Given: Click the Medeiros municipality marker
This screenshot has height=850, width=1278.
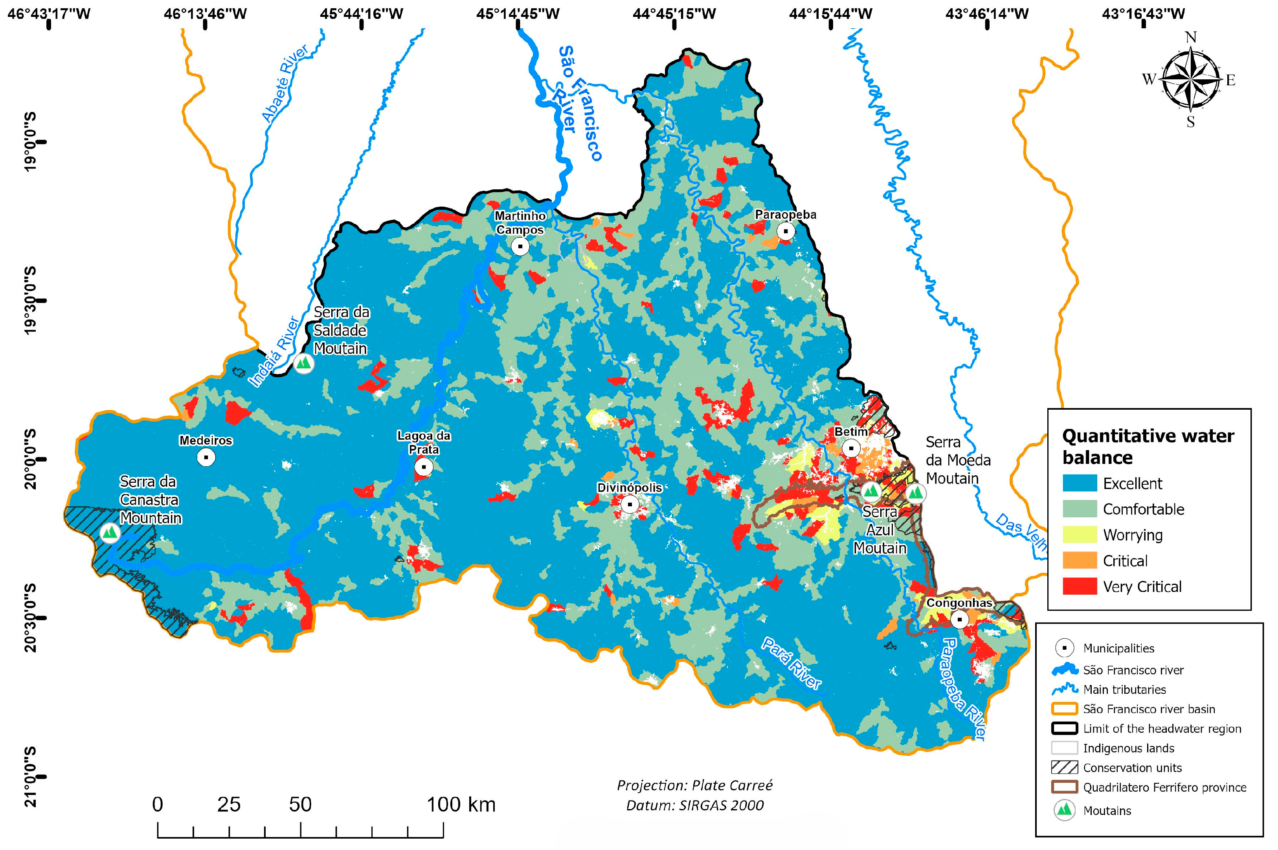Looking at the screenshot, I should [x=206, y=457].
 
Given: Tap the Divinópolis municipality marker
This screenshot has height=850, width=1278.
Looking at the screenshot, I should [x=630, y=504].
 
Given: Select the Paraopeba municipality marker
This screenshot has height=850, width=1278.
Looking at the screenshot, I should [x=786, y=231].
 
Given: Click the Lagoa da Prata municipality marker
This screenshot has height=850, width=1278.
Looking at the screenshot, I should [x=424, y=467].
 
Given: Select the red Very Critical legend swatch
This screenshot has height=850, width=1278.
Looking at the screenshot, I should [x=1079, y=586].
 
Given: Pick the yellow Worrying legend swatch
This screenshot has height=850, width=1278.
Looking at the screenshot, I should [x=1079, y=535].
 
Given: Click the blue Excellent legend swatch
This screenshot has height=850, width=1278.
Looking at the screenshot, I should [x=1079, y=483].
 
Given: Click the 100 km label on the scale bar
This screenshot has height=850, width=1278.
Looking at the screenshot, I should [x=461, y=804].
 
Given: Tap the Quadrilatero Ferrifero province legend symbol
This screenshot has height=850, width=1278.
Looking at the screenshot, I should [x=1064, y=787].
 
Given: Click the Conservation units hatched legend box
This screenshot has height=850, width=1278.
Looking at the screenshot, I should [x=1064, y=768].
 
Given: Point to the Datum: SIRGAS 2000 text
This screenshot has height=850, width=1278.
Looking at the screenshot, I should [x=694, y=806].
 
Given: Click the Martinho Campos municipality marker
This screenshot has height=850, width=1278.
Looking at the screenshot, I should [x=520, y=247].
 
